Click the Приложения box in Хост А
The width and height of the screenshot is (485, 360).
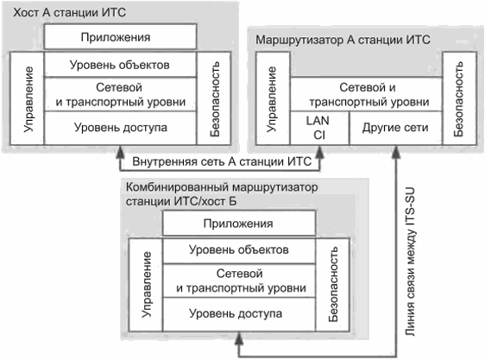(120, 37)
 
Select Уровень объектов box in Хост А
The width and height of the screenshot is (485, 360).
(120, 65)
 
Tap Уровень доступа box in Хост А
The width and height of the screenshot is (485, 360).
(120, 128)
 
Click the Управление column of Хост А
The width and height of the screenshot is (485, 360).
(28, 98)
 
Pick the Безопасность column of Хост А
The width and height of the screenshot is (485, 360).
(214, 98)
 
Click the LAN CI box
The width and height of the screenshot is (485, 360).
(319, 128)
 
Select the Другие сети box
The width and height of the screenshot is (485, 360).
(396, 128)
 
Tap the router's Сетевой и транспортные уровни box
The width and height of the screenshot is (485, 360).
(366, 94)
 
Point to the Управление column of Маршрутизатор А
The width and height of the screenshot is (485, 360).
(273, 98)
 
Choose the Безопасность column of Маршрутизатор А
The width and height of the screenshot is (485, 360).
(459, 98)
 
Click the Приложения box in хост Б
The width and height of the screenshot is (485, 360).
(239, 224)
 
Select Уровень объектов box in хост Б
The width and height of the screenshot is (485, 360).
(239, 250)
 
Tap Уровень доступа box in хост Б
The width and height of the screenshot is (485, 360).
(239, 314)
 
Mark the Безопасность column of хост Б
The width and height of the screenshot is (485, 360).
(332, 285)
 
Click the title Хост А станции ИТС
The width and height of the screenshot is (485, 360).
(69, 13)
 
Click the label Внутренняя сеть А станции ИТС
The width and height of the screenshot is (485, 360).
(222, 161)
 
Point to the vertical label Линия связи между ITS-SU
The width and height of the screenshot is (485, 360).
(410, 262)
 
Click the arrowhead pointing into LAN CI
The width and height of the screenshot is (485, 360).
(319, 152)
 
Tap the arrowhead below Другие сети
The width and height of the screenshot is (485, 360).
(396, 152)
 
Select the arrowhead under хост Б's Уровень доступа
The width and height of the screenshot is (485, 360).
(239, 338)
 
